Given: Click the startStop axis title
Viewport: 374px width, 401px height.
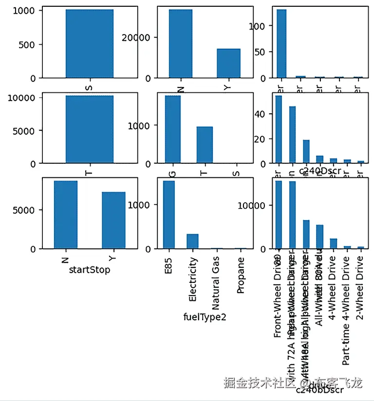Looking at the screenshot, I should point(89,270).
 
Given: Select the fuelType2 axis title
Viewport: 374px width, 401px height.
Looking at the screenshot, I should point(205,317).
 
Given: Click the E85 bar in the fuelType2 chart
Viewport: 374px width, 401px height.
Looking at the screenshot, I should point(169,214).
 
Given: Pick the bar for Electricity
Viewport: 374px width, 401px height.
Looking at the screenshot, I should point(192,241).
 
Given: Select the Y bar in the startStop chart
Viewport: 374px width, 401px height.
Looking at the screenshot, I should point(113,220).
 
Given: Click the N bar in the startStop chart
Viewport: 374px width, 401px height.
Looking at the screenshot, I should point(65,214).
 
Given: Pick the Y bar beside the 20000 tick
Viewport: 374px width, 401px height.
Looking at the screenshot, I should point(228,63).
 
